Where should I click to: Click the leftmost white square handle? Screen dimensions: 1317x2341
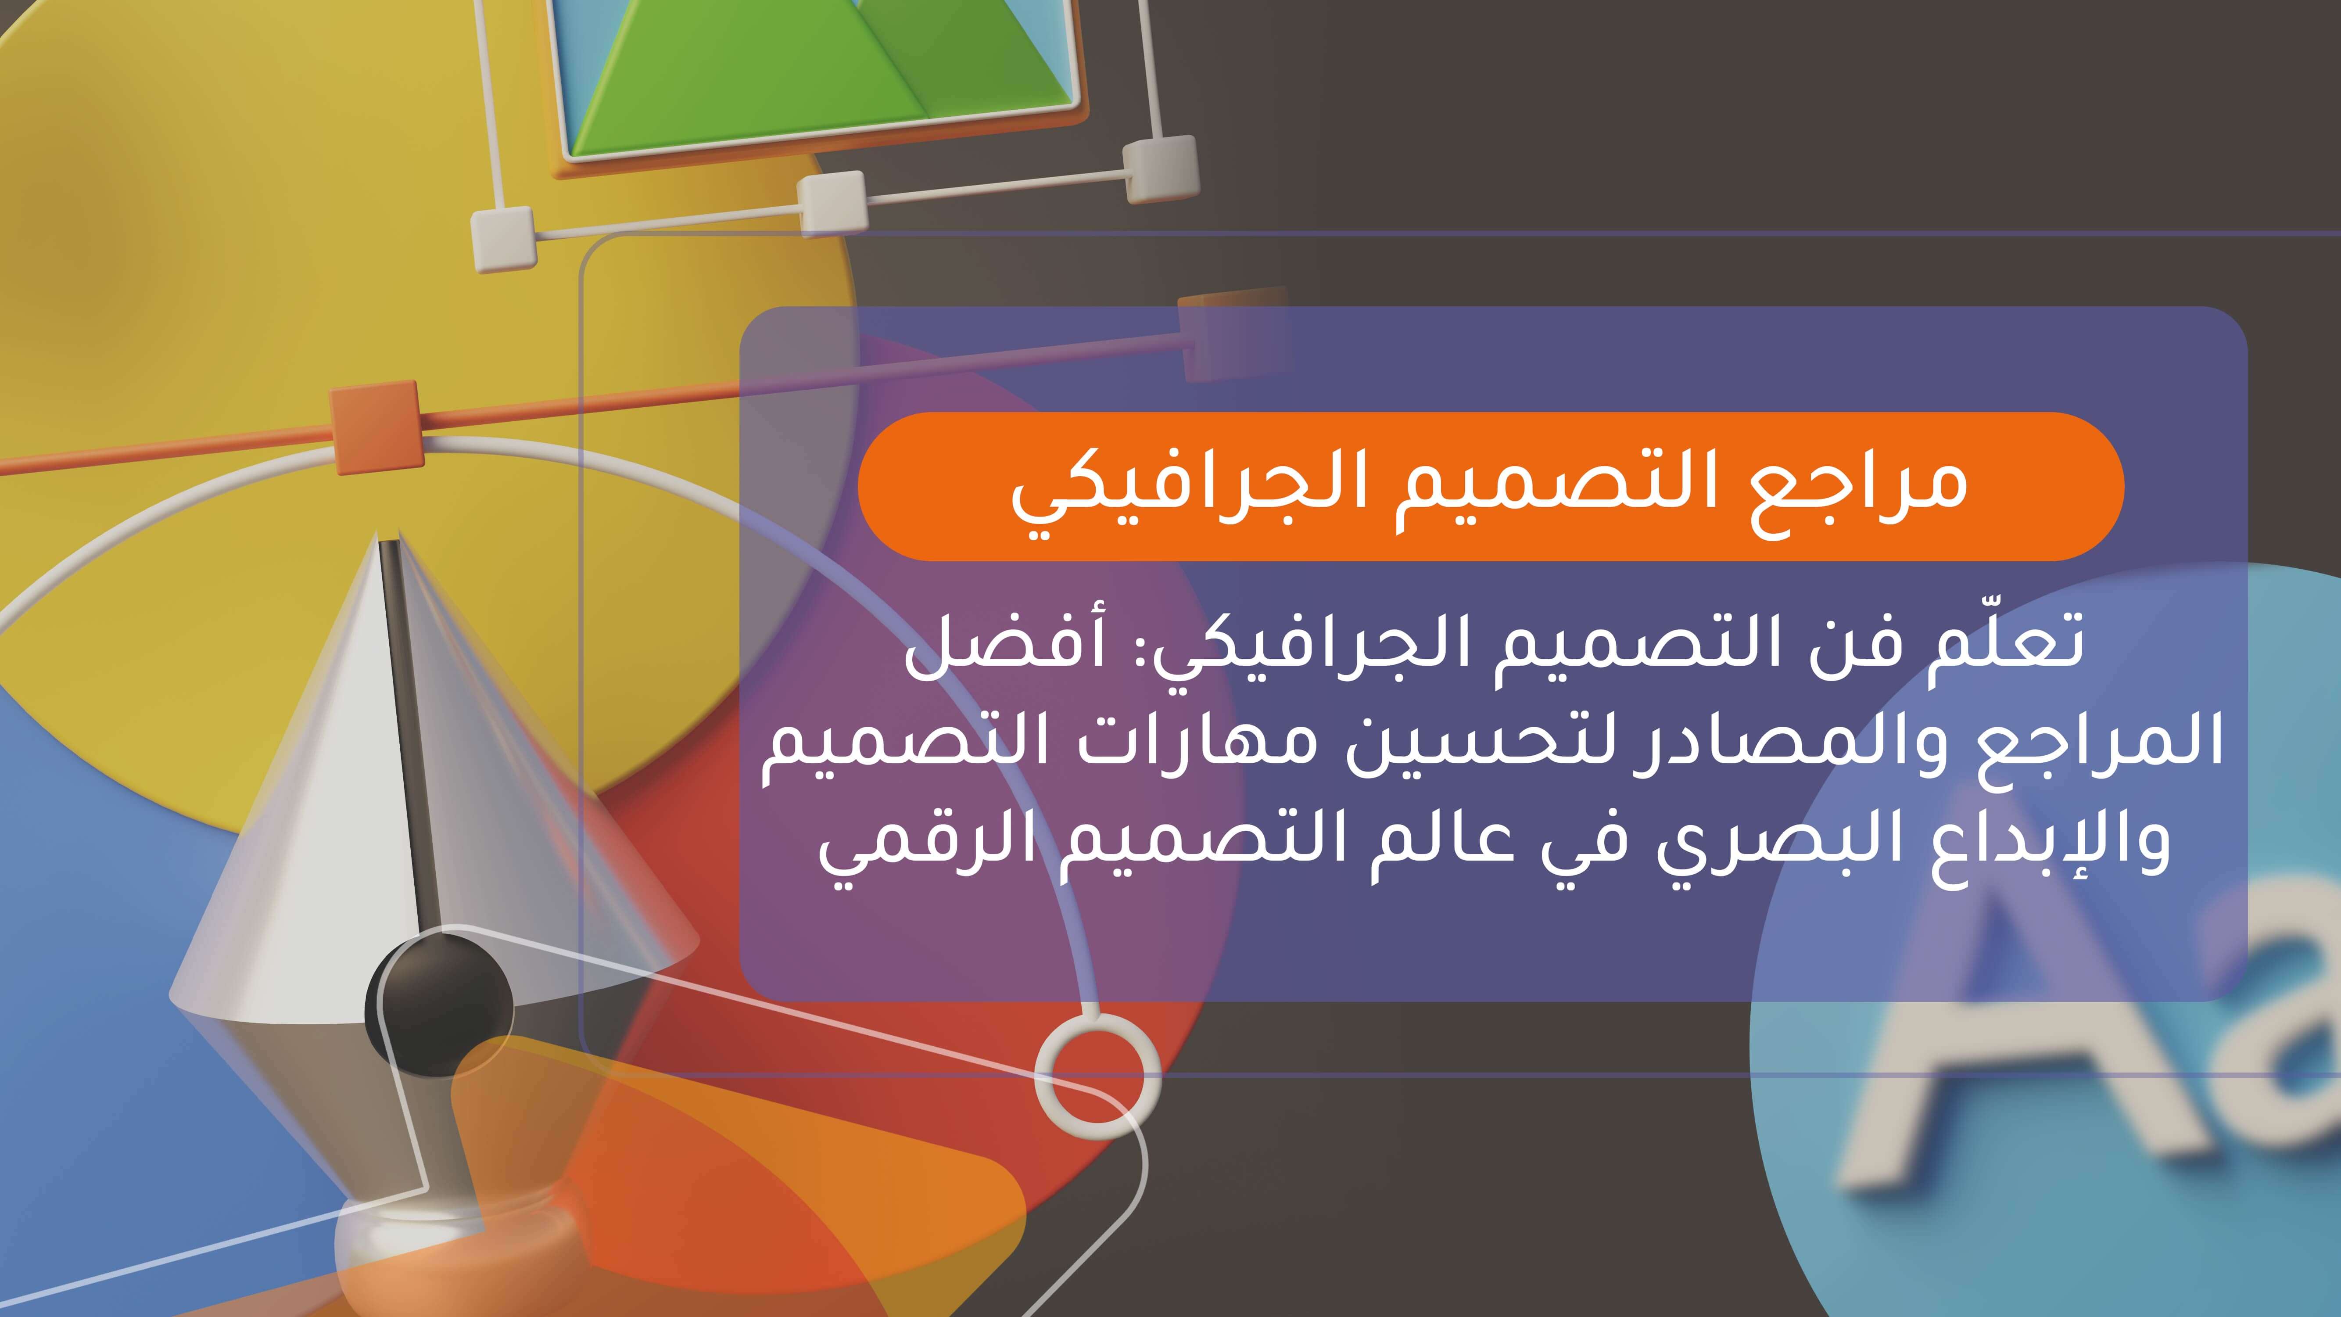point(502,238)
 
